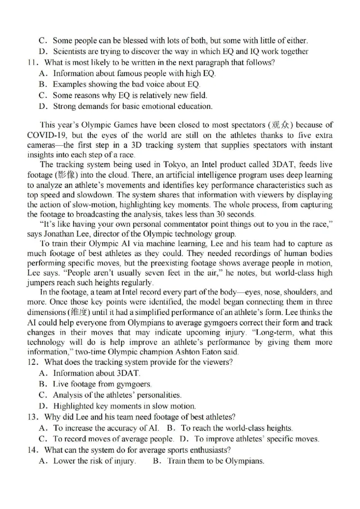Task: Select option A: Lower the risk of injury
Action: coord(90,461)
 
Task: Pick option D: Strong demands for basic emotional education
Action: coord(130,107)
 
